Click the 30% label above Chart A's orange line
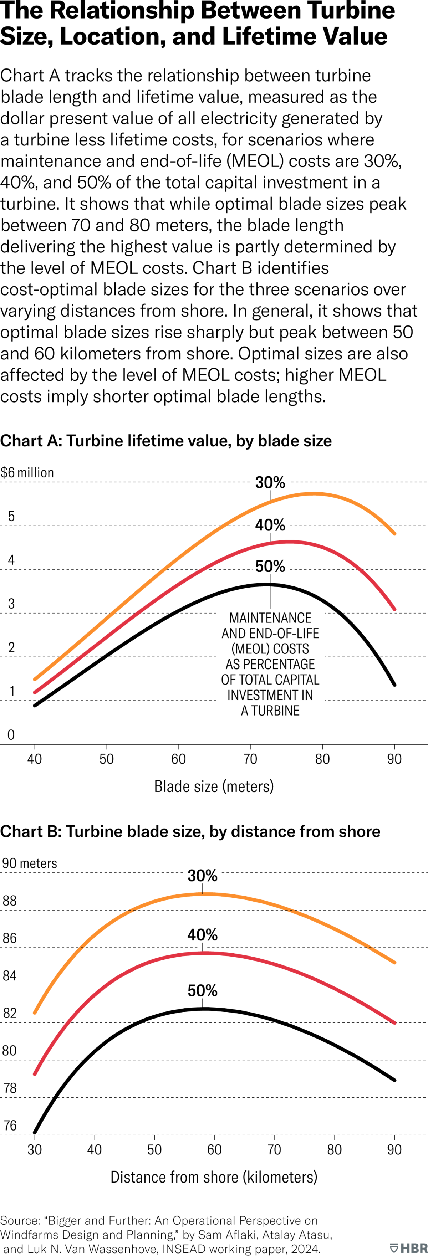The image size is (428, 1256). click(270, 482)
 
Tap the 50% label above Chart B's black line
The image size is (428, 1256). click(203, 990)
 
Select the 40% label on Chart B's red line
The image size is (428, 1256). click(203, 935)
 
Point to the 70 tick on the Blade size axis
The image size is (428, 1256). click(250, 759)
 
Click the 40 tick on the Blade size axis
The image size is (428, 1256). click(35, 759)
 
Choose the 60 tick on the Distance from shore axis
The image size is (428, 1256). click(214, 1149)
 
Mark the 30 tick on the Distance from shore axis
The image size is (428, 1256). click(35, 1149)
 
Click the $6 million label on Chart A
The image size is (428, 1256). click(27, 472)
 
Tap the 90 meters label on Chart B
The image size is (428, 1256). click(30, 863)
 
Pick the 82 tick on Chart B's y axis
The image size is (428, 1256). click(10, 1013)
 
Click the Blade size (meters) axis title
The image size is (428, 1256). click(214, 786)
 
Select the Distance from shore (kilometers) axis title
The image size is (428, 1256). click(214, 1177)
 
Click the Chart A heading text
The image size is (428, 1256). click(166, 441)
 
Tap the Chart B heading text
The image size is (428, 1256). click(190, 831)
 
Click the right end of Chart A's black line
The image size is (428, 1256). click(394, 685)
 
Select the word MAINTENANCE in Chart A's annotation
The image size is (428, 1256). click(270, 618)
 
